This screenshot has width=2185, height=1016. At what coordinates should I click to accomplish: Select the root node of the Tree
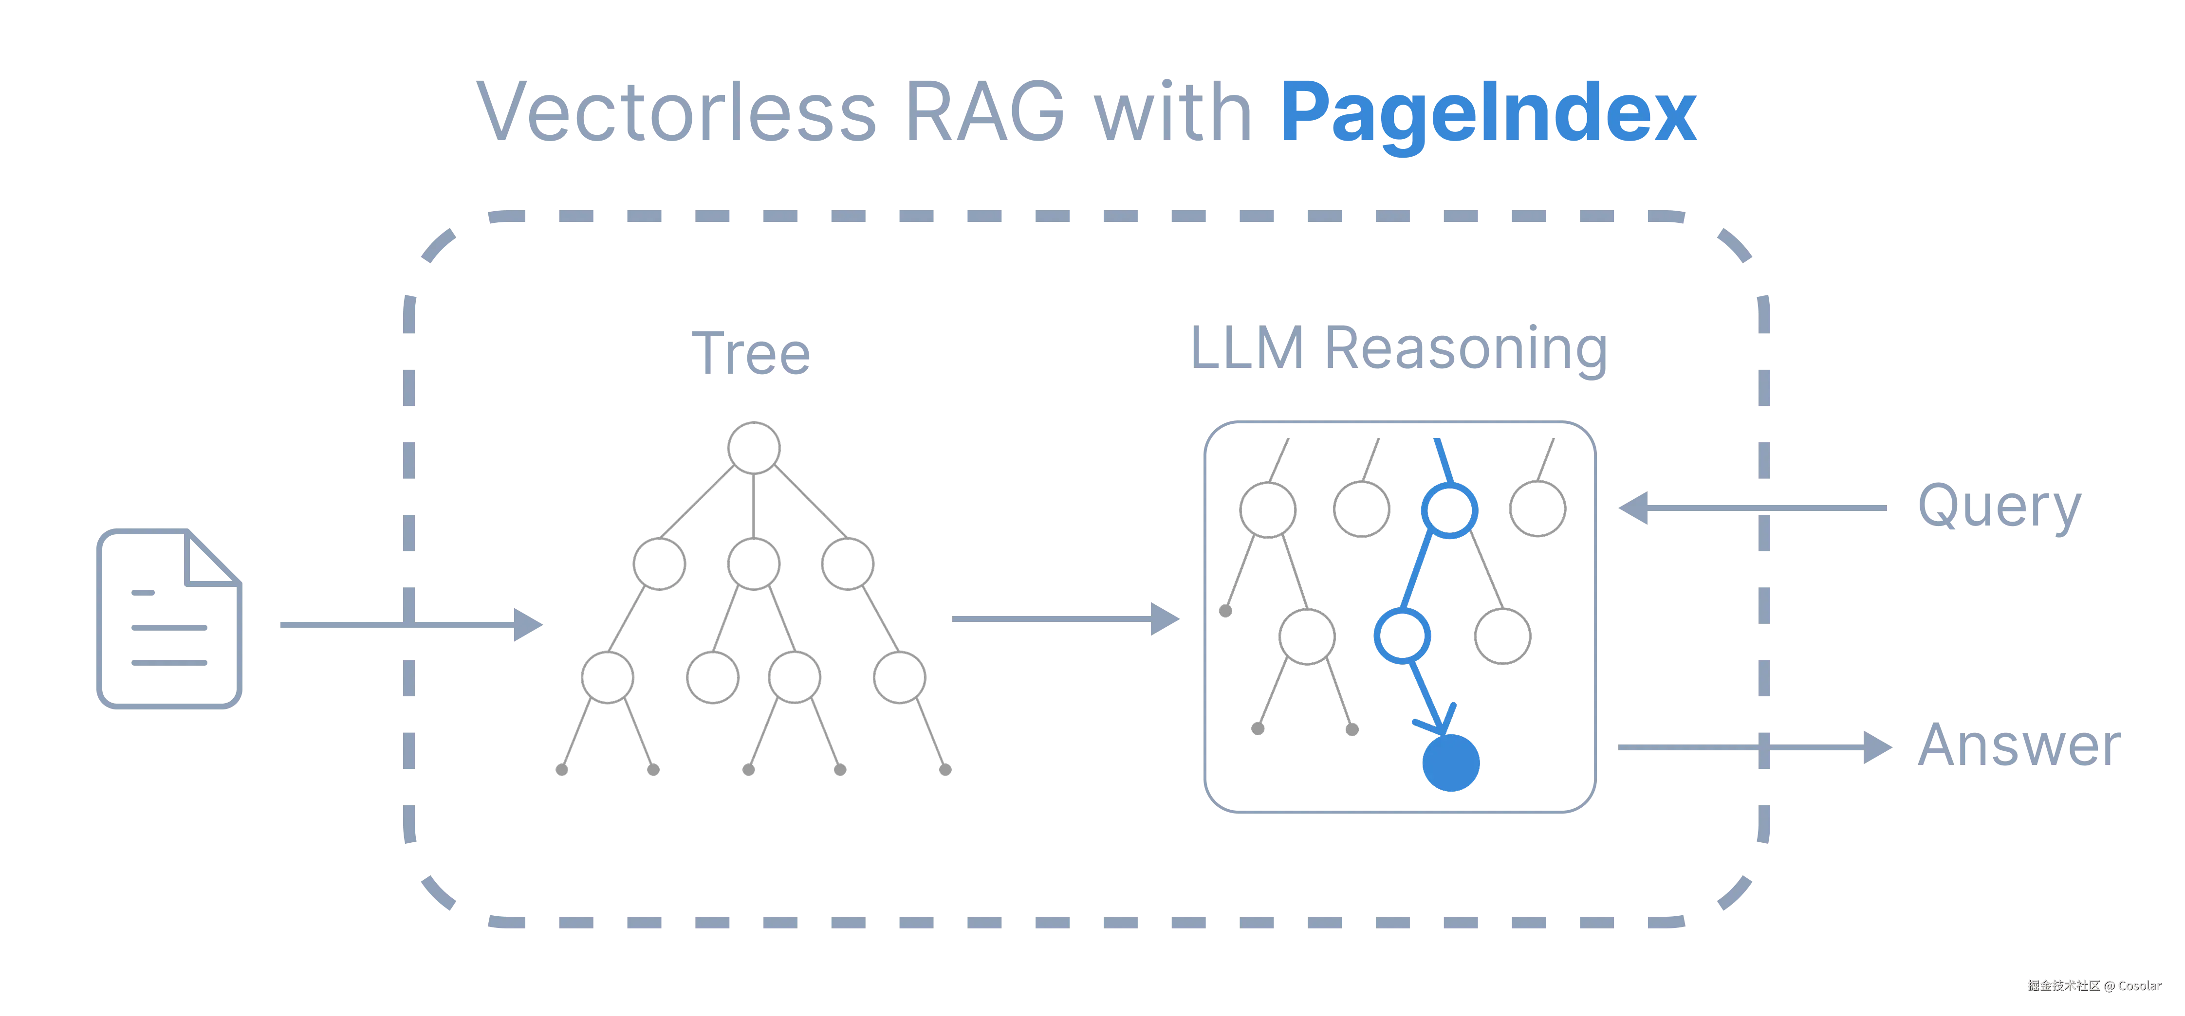tap(754, 447)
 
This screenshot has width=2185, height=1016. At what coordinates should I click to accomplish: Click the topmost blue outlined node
tap(1449, 509)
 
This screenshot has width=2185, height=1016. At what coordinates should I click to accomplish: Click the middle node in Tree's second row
tap(753, 564)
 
